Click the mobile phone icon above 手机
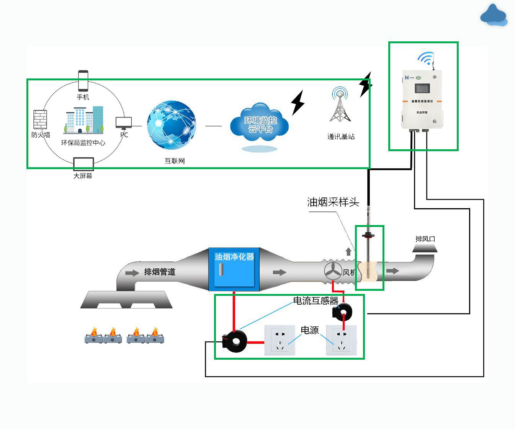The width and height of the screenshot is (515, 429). tap(83, 80)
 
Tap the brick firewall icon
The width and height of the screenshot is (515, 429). tap(40, 119)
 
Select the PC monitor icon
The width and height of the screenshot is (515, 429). tap(124, 123)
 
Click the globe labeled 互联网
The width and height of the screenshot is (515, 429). tap(172, 125)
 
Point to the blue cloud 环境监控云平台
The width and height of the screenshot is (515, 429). tap(260, 124)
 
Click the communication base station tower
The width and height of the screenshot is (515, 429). tap(340, 105)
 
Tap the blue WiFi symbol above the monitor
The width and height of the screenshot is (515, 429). tap(425, 59)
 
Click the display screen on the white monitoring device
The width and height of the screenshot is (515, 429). tap(422, 88)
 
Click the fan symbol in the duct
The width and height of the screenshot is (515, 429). tap(333, 271)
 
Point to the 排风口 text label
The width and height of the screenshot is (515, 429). tap(425, 239)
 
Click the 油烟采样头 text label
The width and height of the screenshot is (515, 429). tap(333, 202)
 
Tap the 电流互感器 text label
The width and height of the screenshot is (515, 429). tap(316, 301)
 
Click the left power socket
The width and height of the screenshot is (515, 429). tap(280, 340)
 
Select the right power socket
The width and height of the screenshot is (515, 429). tap(341, 340)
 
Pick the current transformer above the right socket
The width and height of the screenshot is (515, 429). tap(342, 312)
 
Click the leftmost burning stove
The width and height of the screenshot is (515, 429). tap(94, 336)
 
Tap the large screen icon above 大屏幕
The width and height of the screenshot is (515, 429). tap(83, 164)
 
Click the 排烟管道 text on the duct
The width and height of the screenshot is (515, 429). tap(160, 272)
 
